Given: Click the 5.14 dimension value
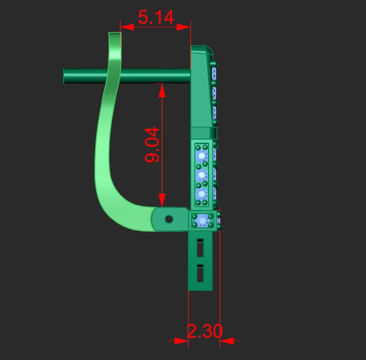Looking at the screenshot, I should point(156,17).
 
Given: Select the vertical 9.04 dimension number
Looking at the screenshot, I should point(153,145).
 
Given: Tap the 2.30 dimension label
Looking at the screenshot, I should point(204,331).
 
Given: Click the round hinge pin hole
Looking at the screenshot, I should point(169,219).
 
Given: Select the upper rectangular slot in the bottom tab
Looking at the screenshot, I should point(200,248).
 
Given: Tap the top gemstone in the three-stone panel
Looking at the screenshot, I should point(202,155).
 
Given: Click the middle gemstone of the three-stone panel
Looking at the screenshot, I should point(202,175).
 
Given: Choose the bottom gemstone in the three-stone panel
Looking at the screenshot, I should point(202,194).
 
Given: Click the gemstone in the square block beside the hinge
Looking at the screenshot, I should point(203,219).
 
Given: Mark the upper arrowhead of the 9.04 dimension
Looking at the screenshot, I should point(162,90).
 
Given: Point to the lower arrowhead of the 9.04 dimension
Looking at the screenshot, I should point(162,201).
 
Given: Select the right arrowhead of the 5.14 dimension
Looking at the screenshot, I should point(185,27).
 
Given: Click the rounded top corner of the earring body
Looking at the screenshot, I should point(209,50).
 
